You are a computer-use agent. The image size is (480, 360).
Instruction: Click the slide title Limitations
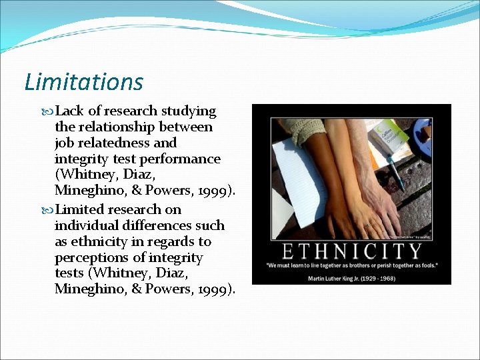click(83, 82)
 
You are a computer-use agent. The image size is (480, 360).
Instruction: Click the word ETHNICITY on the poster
click(352, 251)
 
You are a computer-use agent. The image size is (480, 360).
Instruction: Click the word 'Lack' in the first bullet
click(71, 111)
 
